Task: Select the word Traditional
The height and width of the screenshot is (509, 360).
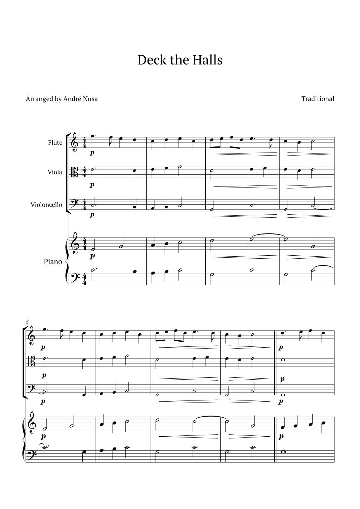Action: pyautogui.click(x=318, y=99)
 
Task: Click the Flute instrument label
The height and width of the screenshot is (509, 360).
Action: pyautogui.click(x=55, y=143)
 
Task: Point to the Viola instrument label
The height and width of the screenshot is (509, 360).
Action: pyautogui.click(x=55, y=172)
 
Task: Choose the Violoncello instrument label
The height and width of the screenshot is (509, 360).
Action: pyautogui.click(x=46, y=205)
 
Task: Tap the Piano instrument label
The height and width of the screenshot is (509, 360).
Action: pyautogui.click(x=53, y=262)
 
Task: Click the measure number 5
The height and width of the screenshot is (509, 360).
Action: pyautogui.click(x=27, y=322)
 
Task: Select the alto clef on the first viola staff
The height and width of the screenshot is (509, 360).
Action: pyautogui.click(x=75, y=172)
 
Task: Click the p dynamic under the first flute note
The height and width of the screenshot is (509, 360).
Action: pyautogui.click(x=92, y=153)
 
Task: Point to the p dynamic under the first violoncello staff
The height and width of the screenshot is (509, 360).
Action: pyautogui.click(x=92, y=215)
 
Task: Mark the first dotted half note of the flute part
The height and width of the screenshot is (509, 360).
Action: pyautogui.click(x=92, y=136)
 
